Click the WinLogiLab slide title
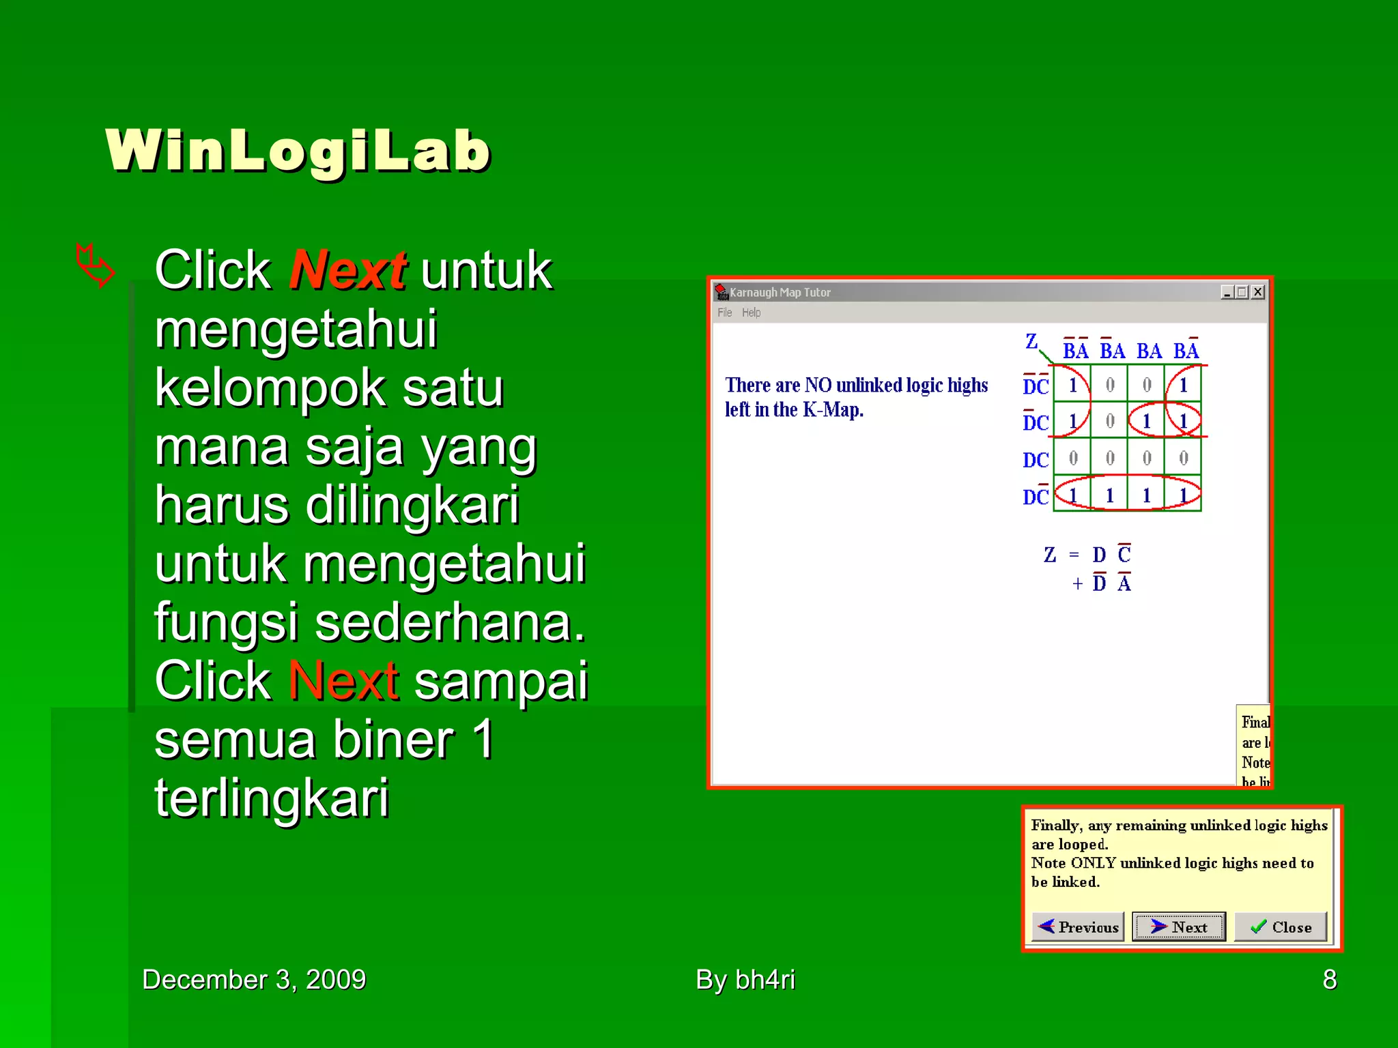point(298,151)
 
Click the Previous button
point(1078,927)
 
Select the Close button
point(1281,927)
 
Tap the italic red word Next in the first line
point(348,270)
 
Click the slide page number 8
point(1329,980)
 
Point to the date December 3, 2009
point(254,980)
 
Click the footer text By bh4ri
point(745,980)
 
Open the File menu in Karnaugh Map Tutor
point(724,312)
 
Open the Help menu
point(751,312)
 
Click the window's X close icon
point(1258,292)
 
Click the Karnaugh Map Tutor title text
point(780,292)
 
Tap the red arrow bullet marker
point(94,265)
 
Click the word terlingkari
point(272,798)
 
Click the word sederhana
point(450,622)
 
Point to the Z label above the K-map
point(1031,340)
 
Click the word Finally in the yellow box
point(1056,826)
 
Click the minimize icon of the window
point(1227,292)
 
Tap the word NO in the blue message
point(817,385)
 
